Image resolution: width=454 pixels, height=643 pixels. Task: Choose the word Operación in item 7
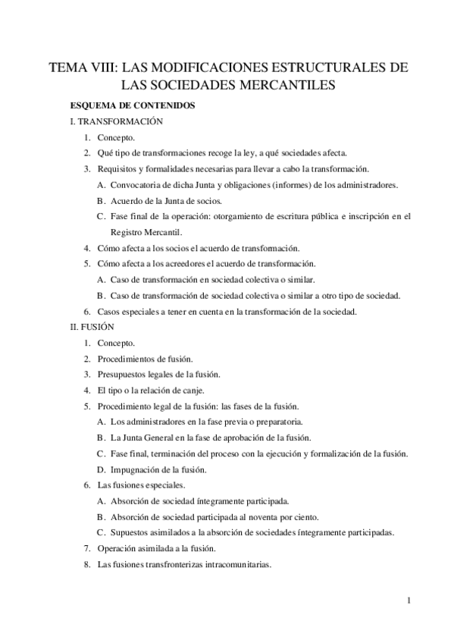pyautogui.click(x=120, y=548)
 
